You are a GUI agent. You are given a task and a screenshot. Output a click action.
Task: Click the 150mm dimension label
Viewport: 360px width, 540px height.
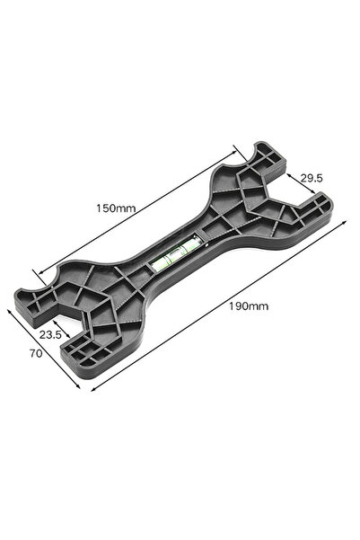point(117,208)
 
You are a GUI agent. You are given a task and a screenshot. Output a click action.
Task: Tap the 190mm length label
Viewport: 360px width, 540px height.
point(249,306)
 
